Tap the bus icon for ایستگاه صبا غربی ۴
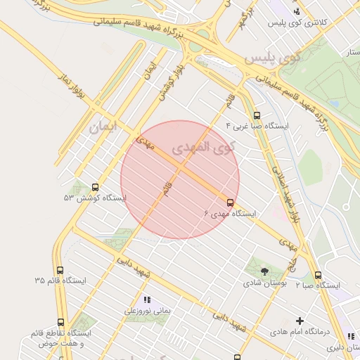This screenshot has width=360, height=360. click(x=257, y=116)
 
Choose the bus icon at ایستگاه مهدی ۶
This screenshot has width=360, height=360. click(x=231, y=202)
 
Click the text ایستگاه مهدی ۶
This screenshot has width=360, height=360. click(x=231, y=213)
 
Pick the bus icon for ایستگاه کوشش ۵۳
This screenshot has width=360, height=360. click(x=95, y=188)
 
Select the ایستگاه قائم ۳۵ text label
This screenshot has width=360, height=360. click(x=60, y=280)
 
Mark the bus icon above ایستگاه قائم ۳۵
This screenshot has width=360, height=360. click(x=60, y=269)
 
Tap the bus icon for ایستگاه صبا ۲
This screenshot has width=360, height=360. click(x=319, y=275)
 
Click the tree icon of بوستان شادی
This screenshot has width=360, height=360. click(x=264, y=271)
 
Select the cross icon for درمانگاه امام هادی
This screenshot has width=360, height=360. click(x=300, y=321)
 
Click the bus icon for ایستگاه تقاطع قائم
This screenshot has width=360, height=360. click(x=60, y=323)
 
